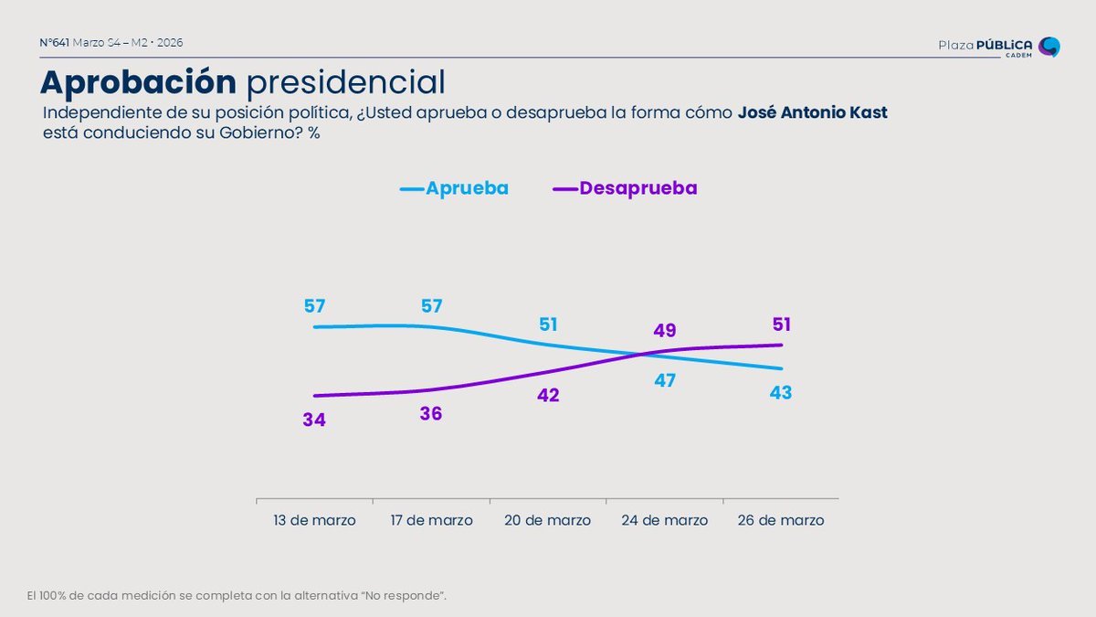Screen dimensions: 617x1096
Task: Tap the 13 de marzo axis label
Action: click(314, 520)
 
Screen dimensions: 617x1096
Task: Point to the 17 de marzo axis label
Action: click(431, 520)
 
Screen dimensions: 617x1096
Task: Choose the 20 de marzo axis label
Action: click(548, 520)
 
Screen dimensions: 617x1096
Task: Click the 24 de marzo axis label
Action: click(665, 520)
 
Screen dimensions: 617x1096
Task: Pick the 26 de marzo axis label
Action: click(781, 520)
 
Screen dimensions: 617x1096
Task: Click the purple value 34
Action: click(314, 420)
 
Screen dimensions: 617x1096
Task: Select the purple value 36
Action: click(431, 414)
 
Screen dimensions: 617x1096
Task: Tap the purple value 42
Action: click(548, 396)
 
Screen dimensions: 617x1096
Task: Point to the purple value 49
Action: click(665, 330)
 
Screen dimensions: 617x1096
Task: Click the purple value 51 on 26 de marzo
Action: click(781, 324)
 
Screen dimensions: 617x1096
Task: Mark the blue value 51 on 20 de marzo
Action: click(548, 324)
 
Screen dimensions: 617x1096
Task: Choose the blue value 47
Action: click(665, 380)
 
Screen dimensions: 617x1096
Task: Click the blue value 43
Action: click(781, 392)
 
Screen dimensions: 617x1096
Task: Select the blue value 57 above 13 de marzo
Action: click(314, 305)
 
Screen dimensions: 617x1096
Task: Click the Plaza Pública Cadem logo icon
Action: click(1049, 47)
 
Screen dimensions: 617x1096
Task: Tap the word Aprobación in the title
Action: click(138, 82)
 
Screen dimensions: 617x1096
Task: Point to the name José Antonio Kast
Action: click(812, 113)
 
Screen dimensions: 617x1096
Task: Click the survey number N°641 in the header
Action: click(55, 43)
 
